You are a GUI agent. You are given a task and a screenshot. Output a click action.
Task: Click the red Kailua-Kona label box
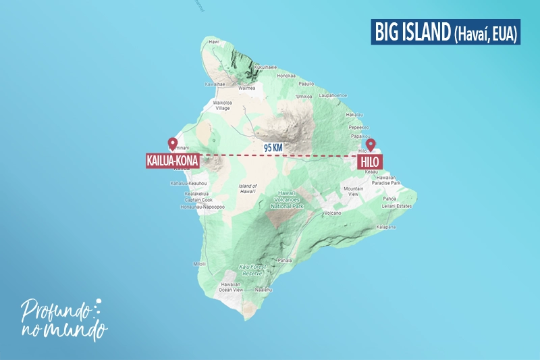[x=171, y=161]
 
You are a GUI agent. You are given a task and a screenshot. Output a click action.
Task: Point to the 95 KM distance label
[x=273, y=146]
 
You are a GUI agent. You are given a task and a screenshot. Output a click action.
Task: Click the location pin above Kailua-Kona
[x=172, y=144]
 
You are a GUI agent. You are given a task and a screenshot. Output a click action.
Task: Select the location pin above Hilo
[x=370, y=145]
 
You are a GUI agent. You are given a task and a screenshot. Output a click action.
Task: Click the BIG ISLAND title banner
[x=445, y=32]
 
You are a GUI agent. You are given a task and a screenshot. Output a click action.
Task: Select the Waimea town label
[x=248, y=88]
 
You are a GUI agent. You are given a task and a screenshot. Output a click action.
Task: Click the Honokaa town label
[x=286, y=75]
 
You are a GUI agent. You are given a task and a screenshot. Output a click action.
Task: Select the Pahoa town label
[x=390, y=199]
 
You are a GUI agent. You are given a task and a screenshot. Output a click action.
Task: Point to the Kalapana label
[x=385, y=226]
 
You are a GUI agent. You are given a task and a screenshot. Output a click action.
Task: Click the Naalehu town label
[x=262, y=289]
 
